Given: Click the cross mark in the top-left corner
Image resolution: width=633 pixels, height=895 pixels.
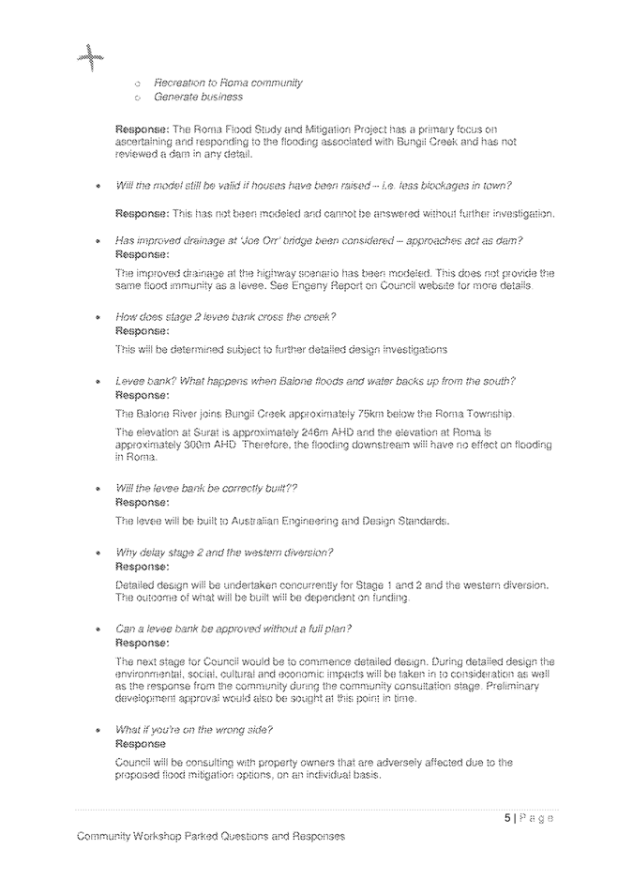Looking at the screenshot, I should click(x=90, y=59).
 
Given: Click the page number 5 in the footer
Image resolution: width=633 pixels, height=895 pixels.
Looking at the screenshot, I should click(x=507, y=818).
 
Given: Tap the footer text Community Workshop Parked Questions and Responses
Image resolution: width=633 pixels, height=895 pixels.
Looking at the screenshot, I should click(x=211, y=836).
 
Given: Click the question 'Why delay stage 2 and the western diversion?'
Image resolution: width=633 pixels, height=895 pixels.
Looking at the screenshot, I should click(x=224, y=553).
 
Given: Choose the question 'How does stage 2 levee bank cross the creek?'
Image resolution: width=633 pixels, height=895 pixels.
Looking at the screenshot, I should click(x=225, y=317).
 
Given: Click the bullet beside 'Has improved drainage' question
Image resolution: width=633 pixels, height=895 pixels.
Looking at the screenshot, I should click(x=98, y=242).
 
